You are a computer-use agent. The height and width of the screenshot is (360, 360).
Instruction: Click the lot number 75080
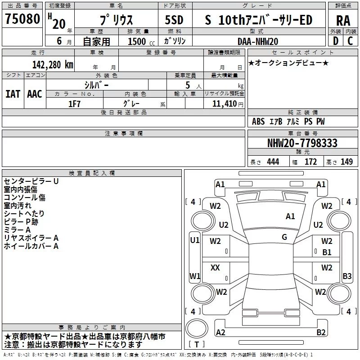pyautogui.click(x=22, y=19)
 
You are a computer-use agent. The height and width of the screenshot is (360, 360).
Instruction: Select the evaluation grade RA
pyautogui.click(x=343, y=21)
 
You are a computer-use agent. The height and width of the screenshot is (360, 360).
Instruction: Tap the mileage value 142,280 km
pyautogui.click(x=53, y=64)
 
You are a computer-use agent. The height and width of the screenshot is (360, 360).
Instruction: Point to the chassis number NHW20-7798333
pyautogui.click(x=302, y=143)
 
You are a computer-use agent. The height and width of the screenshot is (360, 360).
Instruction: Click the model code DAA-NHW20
pyautogui.click(x=258, y=41)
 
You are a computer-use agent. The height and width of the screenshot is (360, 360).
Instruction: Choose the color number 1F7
pyautogui.click(x=74, y=104)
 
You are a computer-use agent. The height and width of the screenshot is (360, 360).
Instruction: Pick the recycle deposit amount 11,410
pyautogui.click(x=224, y=104)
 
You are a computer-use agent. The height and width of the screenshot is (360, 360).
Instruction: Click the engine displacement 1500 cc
pyautogui.click(x=141, y=41)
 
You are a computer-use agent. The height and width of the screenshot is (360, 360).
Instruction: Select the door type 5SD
pyautogui.click(x=174, y=20)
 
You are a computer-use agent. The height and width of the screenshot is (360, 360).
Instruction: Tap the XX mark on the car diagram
pyautogui.click(x=215, y=267)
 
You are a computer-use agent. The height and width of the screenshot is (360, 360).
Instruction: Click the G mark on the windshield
pyautogui.click(x=284, y=237)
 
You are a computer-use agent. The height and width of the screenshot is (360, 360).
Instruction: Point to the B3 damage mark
pyautogui.click(x=347, y=276)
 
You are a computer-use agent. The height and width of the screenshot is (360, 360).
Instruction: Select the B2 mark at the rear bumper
pyautogui.click(x=321, y=332)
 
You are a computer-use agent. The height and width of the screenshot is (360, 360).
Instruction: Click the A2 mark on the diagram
pyautogui.click(x=220, y=332)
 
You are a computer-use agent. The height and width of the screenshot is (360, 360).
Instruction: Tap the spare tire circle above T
pyautogui.click(x=197, y=328)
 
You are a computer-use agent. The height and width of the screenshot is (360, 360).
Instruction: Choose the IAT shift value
pyautogui.click(x=13, y=94)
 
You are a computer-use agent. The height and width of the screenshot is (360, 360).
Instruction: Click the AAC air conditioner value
pyautogui.click(x=35, y=94)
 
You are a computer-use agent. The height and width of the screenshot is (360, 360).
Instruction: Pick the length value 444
pyautogui.click(x=273, y=162)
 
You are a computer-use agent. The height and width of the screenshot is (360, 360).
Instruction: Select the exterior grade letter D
pyautogui.click(x=336, y=41)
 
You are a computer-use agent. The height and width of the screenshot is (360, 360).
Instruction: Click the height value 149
pyautogui.click(x=346, y=162)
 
